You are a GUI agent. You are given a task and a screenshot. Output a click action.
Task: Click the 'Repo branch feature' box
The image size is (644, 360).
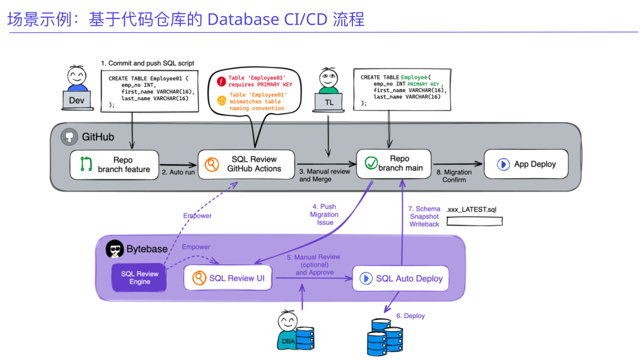pyautogui.click(x=114, y=165)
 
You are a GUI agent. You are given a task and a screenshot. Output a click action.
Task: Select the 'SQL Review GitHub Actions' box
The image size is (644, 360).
pyautogui.click(x=246, y=164)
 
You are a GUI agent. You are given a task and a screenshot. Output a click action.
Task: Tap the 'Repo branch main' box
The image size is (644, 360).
pyautogui.click(x=394, y=163)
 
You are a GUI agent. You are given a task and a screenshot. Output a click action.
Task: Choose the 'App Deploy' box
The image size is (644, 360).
pyautogui.click(x=526, y=164)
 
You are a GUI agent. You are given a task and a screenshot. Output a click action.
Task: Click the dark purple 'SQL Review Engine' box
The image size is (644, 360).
pyautogui.click(x=140, y=278)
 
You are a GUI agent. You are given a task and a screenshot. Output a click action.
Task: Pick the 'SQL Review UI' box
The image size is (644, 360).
pyautogui.click(x=228, y=278)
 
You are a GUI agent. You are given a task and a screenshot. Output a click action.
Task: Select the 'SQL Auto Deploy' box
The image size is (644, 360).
pyautogui.click(x=400, y=278)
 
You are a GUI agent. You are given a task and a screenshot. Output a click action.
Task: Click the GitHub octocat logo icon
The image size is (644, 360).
pyautogui.click(x=69, y=137)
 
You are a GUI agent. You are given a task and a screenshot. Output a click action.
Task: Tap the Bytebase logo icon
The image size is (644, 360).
pyautogui.click(x=114, y=249)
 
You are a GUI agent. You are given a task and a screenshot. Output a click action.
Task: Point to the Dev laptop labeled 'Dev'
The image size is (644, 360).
pyautogui.click(x=77, y=100)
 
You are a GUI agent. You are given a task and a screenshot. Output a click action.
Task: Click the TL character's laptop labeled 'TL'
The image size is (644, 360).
pyautogui.click(x=329, y=102)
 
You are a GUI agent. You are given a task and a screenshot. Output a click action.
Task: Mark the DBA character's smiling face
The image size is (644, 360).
pyautogui.click(x=287, y=322)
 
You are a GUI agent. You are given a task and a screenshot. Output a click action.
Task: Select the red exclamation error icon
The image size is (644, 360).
pyautogui.click(x=221, y=81)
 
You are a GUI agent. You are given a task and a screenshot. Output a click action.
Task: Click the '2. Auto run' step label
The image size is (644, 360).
pyautogui.click(x=178, y=172)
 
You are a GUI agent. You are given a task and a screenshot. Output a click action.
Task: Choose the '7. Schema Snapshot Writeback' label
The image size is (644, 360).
pyautogui.click(x=424, y=216)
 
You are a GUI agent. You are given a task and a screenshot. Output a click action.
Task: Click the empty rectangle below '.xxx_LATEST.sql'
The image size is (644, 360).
pyautogui.click(x=474, y=221)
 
